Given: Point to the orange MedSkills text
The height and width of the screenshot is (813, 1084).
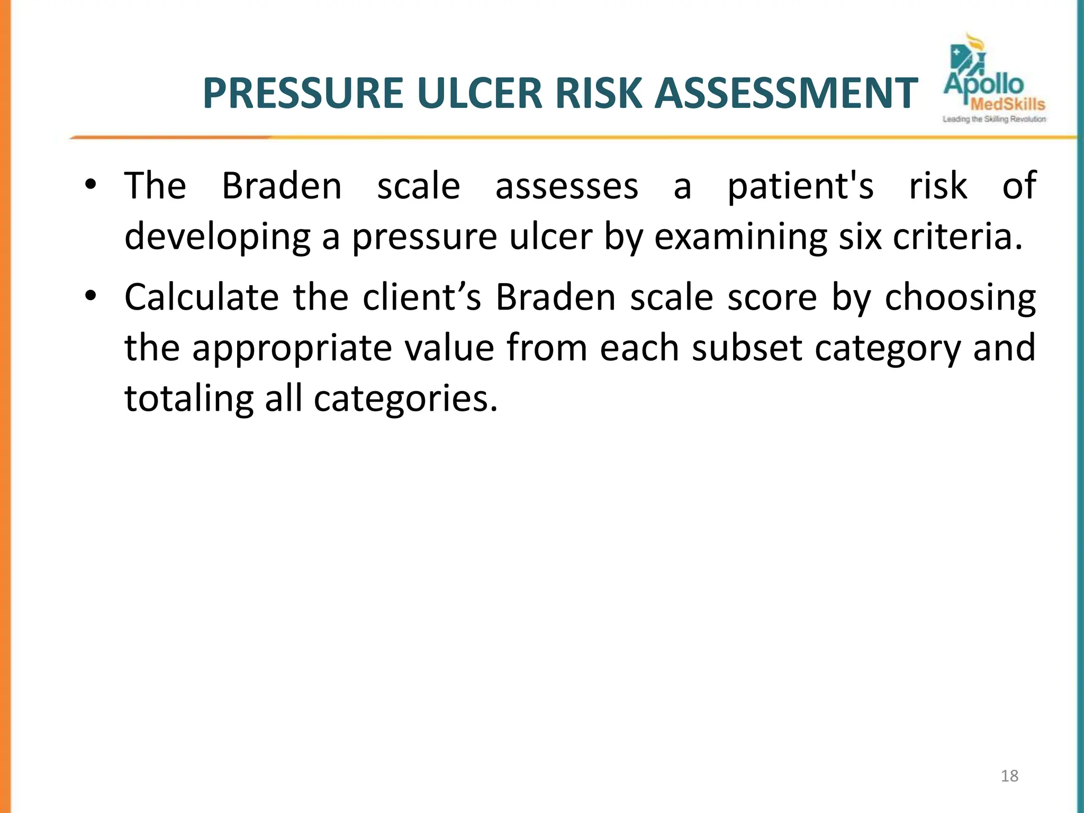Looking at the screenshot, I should tap(1008, 104).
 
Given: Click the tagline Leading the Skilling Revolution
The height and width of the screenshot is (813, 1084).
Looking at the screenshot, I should tap(994, 120).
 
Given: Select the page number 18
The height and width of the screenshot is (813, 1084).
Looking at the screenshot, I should tap(1009, 776).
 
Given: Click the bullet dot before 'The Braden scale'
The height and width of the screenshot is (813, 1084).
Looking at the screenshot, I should tap(91, 185).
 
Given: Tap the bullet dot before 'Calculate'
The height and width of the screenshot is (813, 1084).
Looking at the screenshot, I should tap(91, 296).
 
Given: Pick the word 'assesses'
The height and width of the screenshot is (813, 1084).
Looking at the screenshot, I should tap(567, 186).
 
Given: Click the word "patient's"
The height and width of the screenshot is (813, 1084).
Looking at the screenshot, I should tap(800, 186).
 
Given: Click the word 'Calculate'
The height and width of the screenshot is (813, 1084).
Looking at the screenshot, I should tap(202, 297).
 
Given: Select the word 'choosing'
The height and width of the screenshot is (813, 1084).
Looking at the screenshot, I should tap(960, 298).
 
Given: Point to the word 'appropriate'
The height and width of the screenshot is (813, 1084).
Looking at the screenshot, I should tap(291, 349).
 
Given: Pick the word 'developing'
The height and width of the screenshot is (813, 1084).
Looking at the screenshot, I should tap(218, 238).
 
